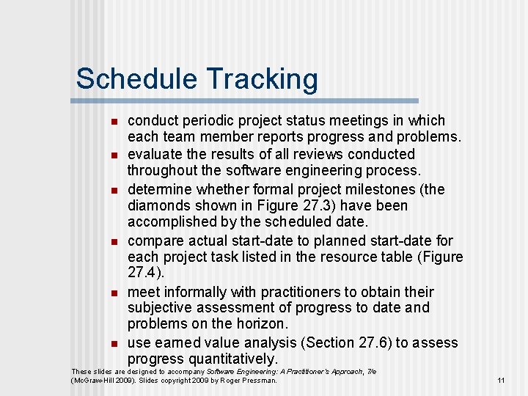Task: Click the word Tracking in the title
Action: pos(262,79)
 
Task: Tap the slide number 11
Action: pos(501,381)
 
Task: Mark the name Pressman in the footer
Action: pos(260,381)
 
